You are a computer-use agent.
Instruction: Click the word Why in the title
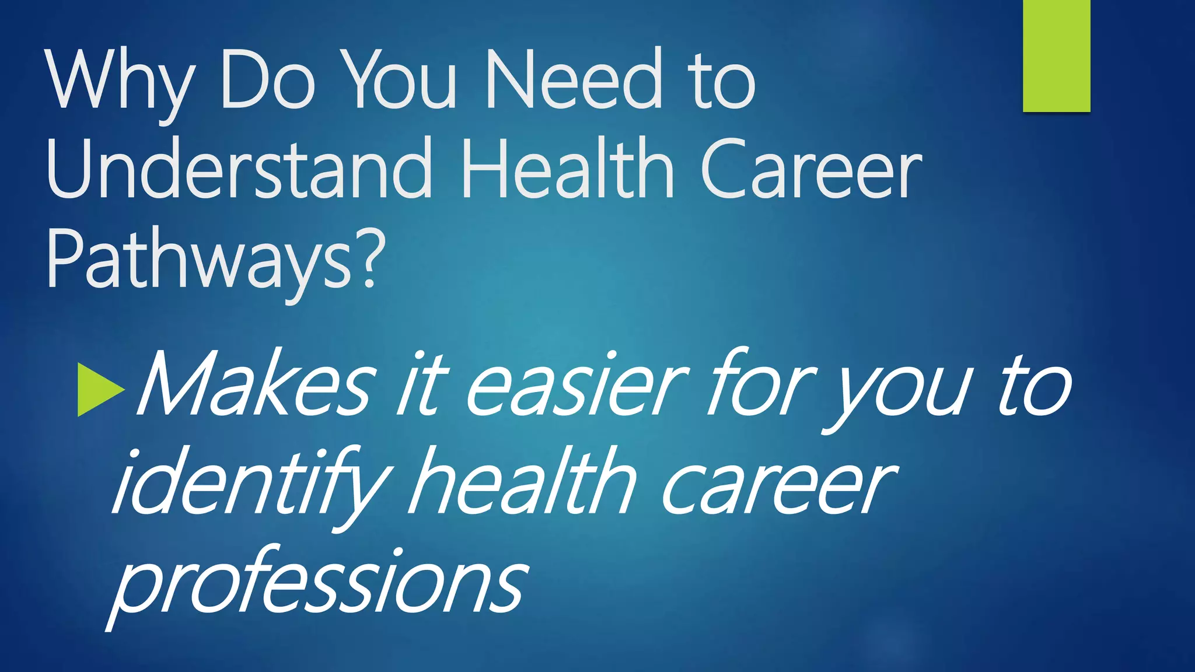click(x=120, y=82)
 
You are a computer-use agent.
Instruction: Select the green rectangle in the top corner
click(x=1056, y=55)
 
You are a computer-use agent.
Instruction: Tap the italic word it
click(x=421, y=385)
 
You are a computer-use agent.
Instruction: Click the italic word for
click(x=758, y=385)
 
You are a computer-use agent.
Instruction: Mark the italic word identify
click(x=251, y=484)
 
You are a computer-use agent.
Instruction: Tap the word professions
click(x=318, y=583)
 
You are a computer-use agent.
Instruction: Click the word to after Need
click(x=721, y=82)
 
